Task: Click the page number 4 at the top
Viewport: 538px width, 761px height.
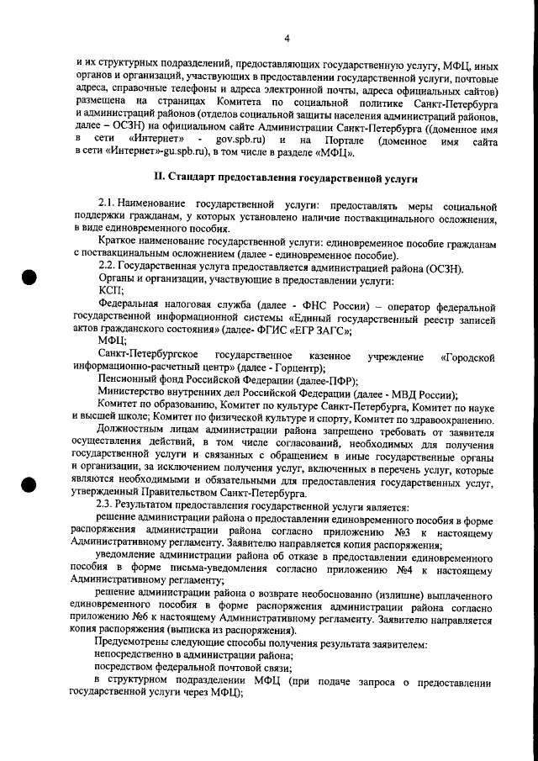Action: click(x=287, y=38)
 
